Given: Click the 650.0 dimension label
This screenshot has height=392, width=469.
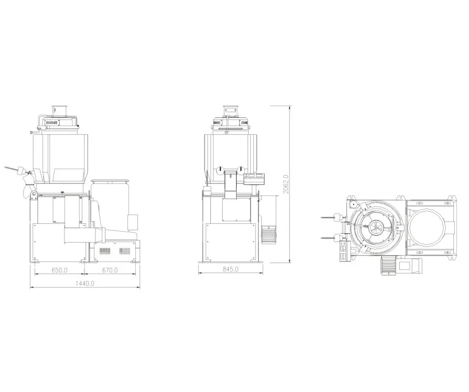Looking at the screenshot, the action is (59, 270).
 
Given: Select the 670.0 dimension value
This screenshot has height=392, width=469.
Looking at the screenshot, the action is (110, 270).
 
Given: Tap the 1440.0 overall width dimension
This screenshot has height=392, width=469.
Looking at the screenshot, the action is (84, 283).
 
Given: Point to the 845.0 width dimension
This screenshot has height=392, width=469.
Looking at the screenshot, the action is (231, 269).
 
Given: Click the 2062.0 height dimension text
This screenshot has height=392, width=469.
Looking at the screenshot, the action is (286, 184).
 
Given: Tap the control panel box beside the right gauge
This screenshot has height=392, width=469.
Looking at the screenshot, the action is (254, 179).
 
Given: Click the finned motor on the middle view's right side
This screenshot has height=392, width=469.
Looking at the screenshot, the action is (268, 235).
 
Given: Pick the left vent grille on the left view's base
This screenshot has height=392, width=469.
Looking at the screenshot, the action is (105, 251).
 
